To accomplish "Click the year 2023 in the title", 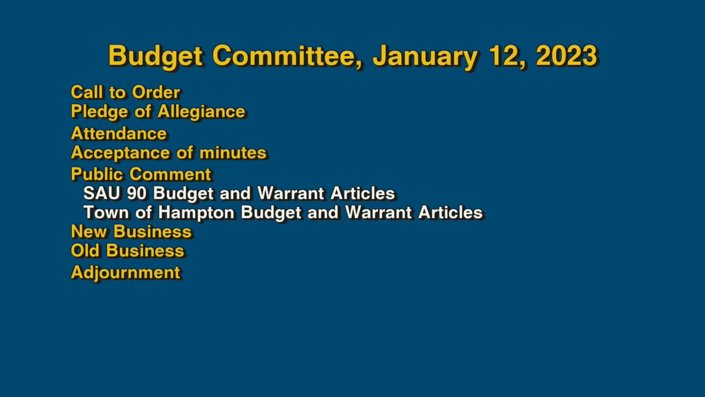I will [x=567, y=56].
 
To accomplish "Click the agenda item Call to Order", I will [x=125, y=92].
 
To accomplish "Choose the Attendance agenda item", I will [x=119, y=133].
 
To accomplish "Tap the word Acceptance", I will [x=120, y=153].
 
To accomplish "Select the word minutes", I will [x=233, y=153].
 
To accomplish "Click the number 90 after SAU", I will [x=137, y=193].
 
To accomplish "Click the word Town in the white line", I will [x=106, y=212].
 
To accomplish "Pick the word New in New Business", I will [x=88, y=232].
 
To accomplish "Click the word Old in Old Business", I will [x=85, y=251].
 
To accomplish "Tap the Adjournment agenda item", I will [x=126, y=272].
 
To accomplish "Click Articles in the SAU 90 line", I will [x=362, y=193].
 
